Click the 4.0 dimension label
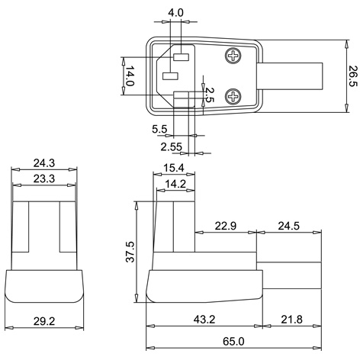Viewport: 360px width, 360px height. (175, 13)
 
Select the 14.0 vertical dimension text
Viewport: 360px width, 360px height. (130, 77)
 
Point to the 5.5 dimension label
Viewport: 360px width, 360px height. (159, 130)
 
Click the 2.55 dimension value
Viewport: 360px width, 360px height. (172, 146)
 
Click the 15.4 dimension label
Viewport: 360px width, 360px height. (175, 167)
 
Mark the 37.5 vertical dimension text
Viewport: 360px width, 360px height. (130, 252)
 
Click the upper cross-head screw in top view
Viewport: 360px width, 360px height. (233, 57)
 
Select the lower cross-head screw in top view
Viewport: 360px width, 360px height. (233, 95)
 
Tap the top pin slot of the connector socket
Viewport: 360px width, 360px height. (182, 57)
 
